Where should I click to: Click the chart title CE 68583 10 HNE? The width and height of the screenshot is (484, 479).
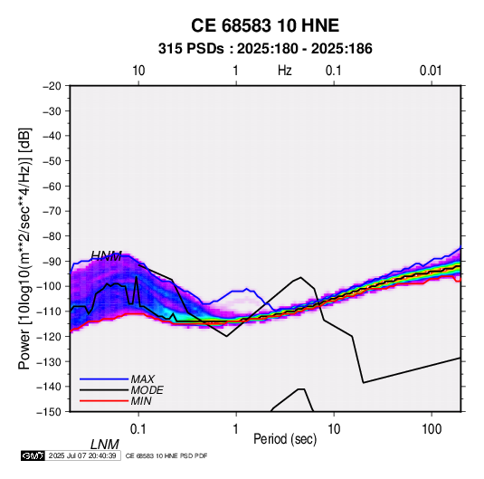265,25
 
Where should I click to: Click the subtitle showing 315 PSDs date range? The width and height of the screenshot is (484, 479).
265,49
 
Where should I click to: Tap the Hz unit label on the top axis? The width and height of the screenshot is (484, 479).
285,71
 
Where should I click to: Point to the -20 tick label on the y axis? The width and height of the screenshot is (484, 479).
52,86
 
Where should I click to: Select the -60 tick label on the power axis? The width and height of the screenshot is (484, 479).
52,186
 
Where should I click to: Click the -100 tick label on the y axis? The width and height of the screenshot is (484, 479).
49,286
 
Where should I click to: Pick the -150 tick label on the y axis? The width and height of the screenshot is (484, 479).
49,412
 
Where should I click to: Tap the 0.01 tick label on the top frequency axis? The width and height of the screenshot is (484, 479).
431,71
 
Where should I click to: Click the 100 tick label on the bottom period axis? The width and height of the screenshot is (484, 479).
432,429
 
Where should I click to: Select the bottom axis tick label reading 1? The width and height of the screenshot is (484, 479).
236,429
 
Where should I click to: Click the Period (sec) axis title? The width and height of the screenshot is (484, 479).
285,439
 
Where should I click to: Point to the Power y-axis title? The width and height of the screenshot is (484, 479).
25,249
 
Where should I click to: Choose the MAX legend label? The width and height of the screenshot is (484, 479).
143,379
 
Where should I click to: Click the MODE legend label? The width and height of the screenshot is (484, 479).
147,390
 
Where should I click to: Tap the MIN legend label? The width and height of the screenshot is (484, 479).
141,401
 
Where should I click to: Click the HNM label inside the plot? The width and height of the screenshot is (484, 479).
107,256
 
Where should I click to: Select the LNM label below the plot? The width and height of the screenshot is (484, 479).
105,445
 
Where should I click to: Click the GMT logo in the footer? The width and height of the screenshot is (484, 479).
33,455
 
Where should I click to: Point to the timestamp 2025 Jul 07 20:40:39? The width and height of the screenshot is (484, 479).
82,455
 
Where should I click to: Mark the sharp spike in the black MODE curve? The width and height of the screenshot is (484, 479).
136,277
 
